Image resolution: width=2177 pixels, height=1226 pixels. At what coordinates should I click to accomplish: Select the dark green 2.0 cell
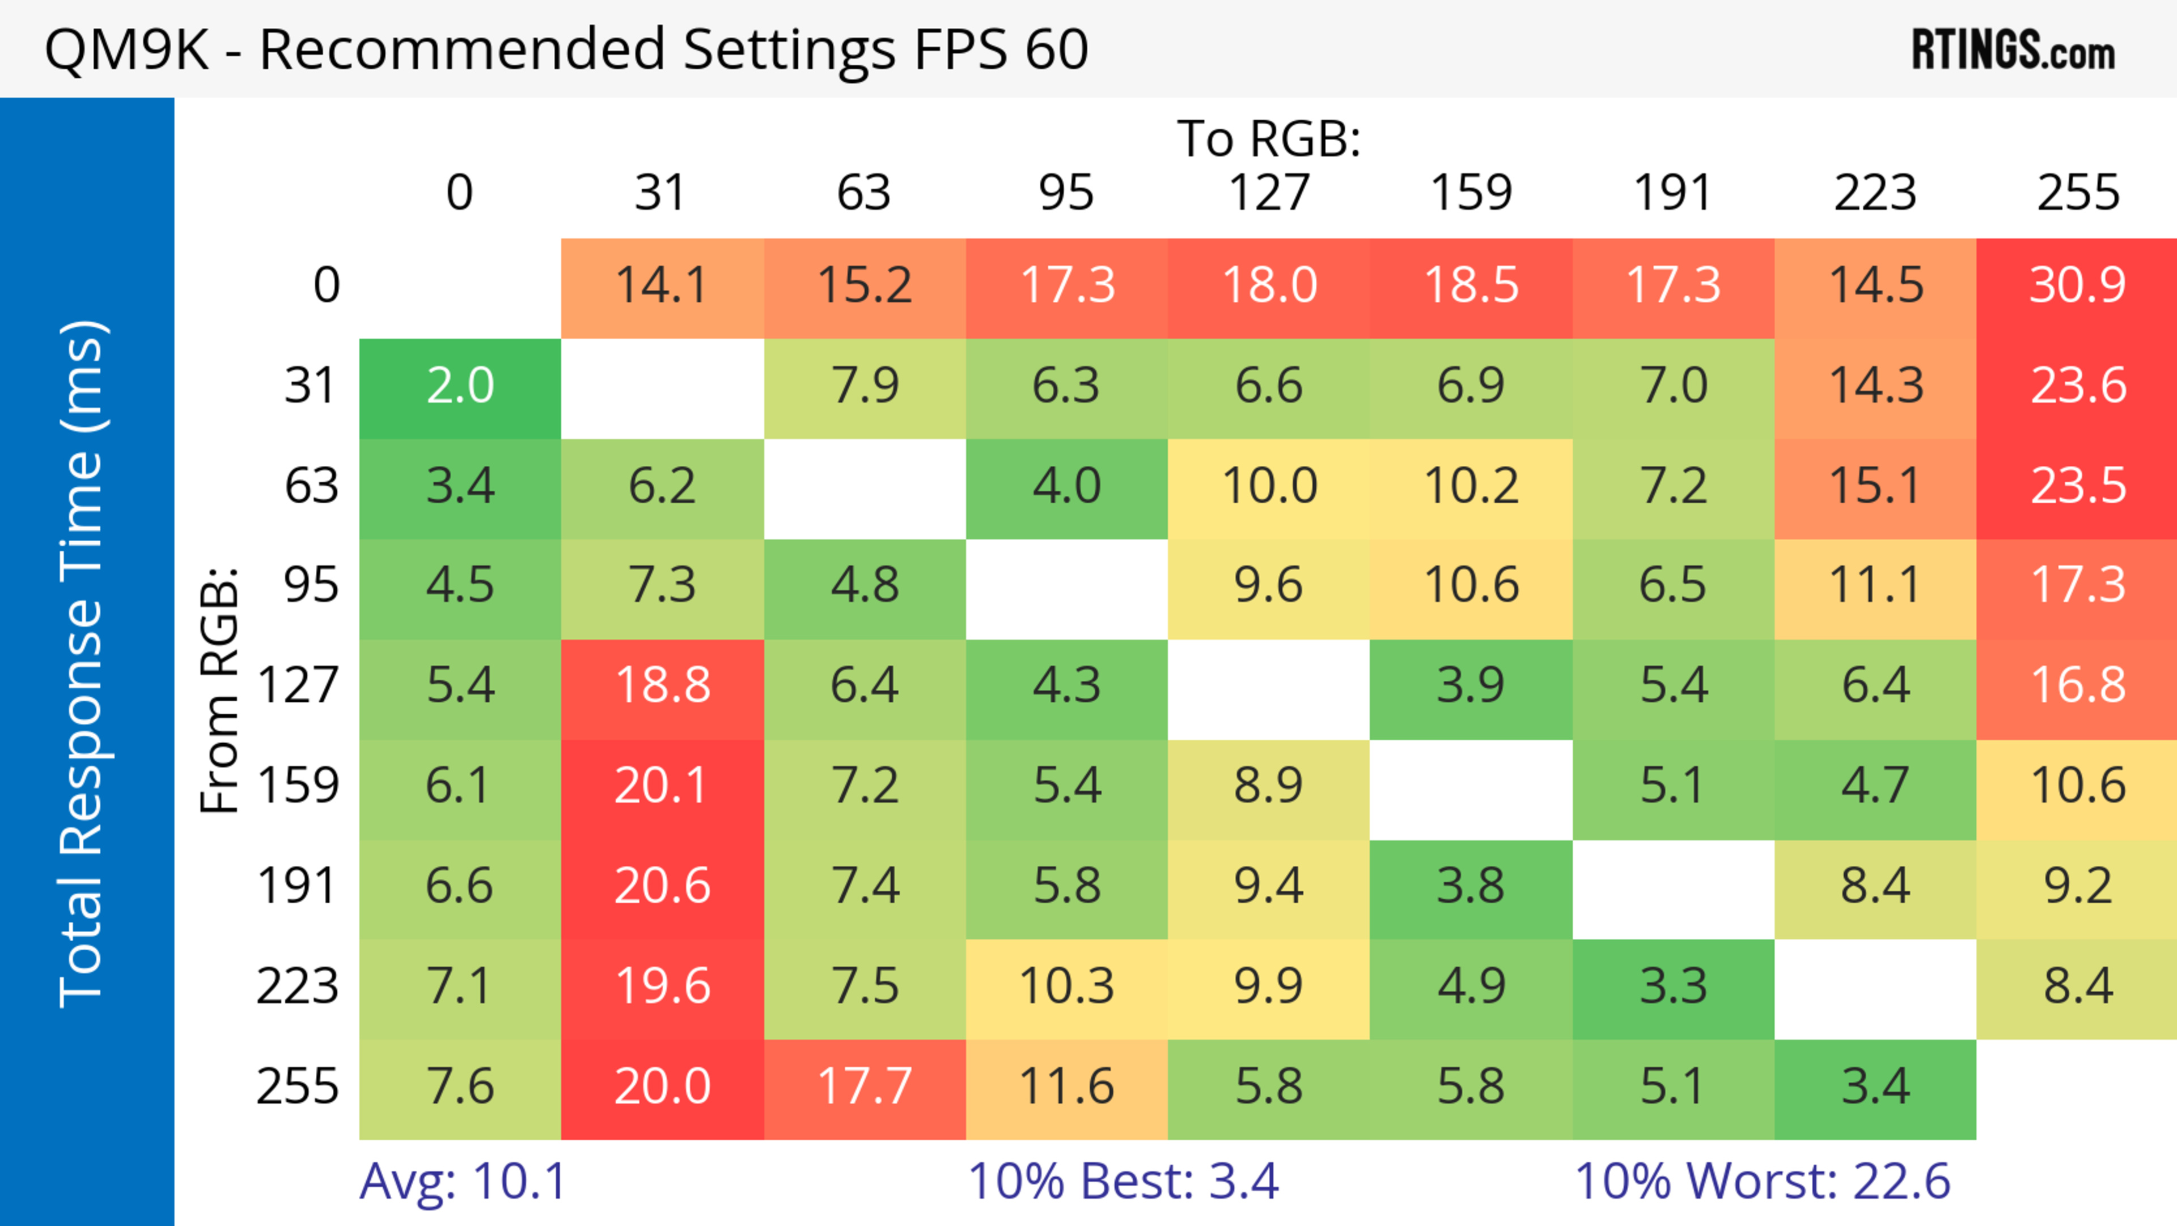pos(460,386)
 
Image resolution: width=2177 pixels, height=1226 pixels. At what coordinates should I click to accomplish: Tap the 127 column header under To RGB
pos(1269,193)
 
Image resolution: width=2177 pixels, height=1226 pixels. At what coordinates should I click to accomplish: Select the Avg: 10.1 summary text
pos(462,1181)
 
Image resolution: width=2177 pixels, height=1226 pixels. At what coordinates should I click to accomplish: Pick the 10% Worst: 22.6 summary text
pos(1762,1181)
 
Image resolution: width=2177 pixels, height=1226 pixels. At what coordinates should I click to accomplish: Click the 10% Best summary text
pos(1123,1181)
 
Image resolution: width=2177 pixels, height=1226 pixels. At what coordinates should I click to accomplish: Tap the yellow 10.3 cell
pos(1066,986)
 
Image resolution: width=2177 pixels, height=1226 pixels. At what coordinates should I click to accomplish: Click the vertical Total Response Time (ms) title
pos(83,664)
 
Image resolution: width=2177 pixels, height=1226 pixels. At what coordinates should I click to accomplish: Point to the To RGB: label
pos(1269,138)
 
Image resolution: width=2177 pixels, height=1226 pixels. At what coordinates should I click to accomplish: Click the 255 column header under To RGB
pos(2077,193)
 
